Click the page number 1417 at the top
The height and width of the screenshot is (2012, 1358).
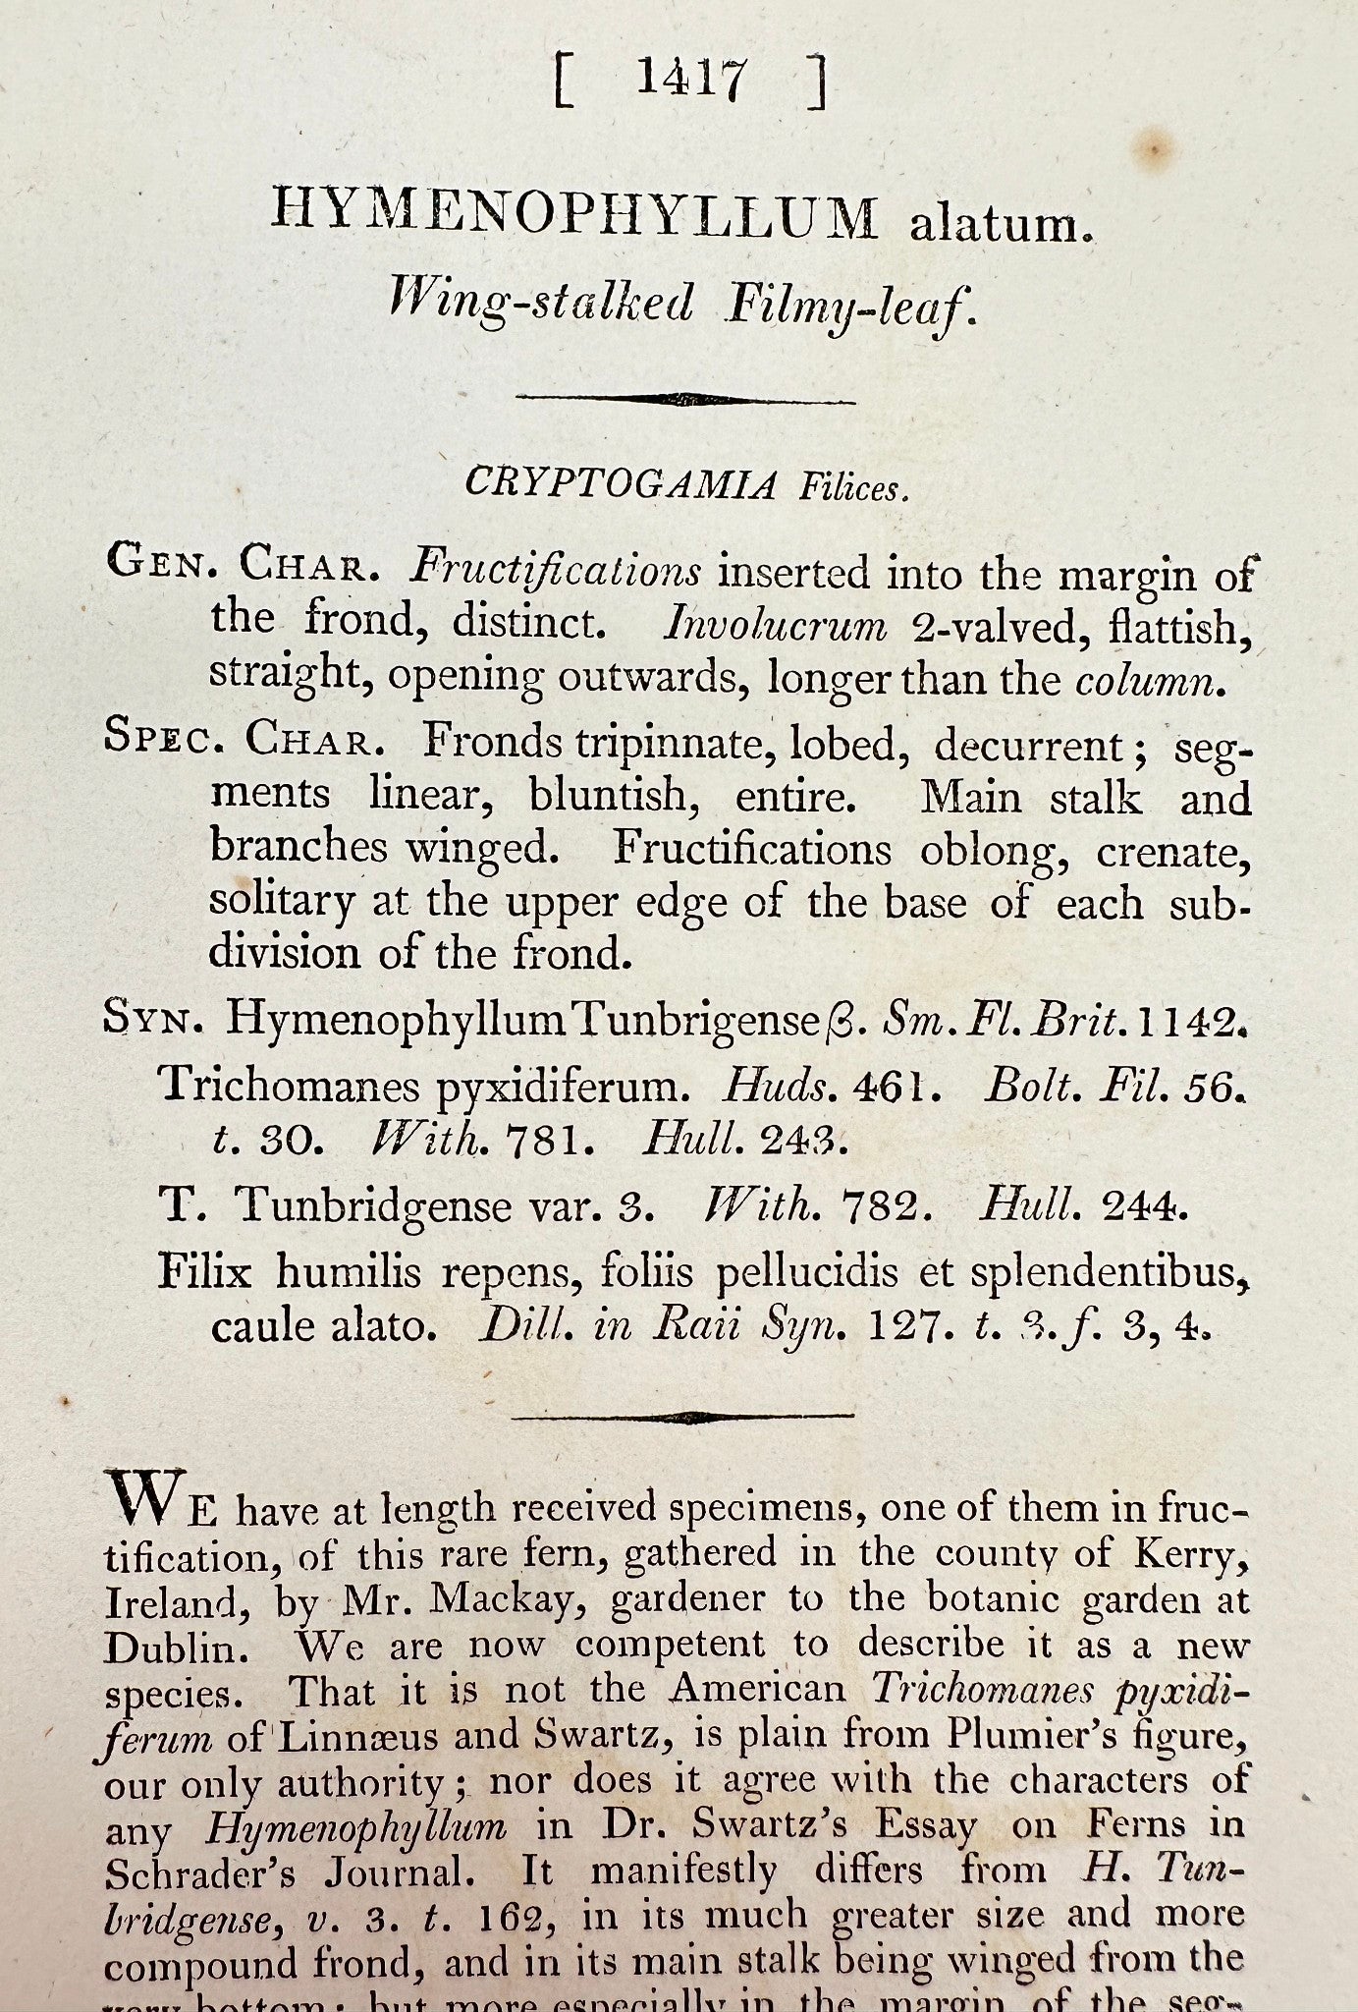tap(691, 80)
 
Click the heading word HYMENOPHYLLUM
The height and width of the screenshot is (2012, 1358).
tap(575, 215)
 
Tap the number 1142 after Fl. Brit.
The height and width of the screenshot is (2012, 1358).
tap(1185, 1023)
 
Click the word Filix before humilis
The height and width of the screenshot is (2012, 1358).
tap(204, 1273)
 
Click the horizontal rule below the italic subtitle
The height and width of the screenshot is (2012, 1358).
tap(685, 398)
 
